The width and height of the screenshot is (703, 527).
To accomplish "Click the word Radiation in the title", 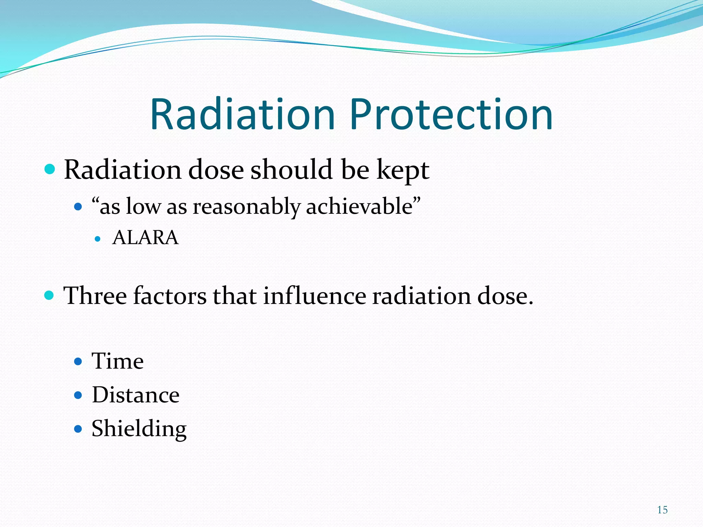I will pyautogui.click(x=242, y=115).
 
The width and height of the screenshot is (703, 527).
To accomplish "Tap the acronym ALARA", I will pyautogui.click(x=146, y=237).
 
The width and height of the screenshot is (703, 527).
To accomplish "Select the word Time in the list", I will pyautogui.click(x=118, y=361).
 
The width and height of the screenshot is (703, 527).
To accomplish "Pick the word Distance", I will pyautogui.click(x=136, y=395).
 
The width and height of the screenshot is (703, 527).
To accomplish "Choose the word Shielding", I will pyautogui.click(x=139, y=429).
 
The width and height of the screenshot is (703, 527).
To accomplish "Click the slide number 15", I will pyautogui.click(x=662, y=510).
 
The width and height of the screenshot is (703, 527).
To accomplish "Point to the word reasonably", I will pyautogui.click(x=246, y=207).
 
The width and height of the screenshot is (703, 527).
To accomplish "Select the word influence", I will pyautogui.click(x=315, y=296).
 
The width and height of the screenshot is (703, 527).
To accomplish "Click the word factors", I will pyautogui.click(x=170, y=296).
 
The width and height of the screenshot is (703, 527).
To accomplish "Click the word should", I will pyautogui.click(x=291, y=169).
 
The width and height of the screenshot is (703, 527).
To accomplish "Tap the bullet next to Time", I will pyautogui.click(x=78, y=361).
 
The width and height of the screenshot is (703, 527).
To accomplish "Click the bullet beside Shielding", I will pyautogui.click(x=78, y=429).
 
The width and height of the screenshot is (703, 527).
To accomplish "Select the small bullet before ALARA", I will pyautogui.click(x=98, y=239).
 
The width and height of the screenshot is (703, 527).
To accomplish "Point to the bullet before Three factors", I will pyautogui.click(x=49, y=295).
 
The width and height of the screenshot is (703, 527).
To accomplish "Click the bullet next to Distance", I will pyautogui.click(x=78, y=395).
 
